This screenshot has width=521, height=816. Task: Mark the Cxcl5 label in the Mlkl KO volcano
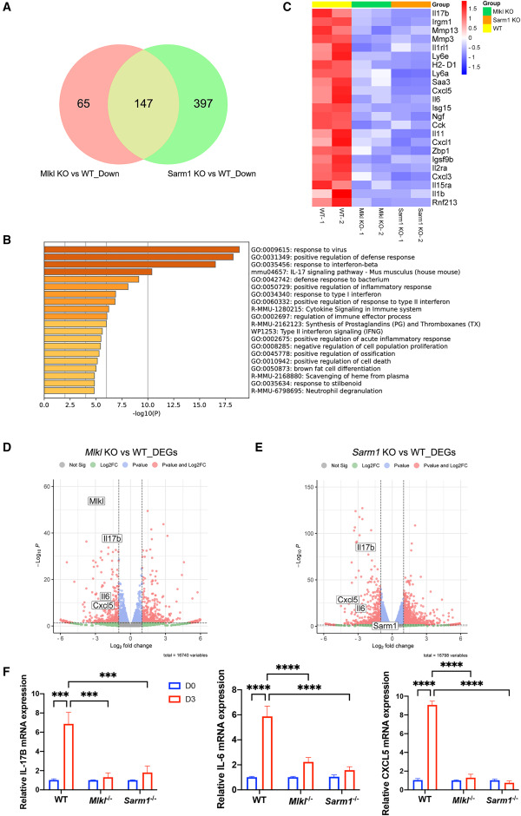[x=102, y=605]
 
